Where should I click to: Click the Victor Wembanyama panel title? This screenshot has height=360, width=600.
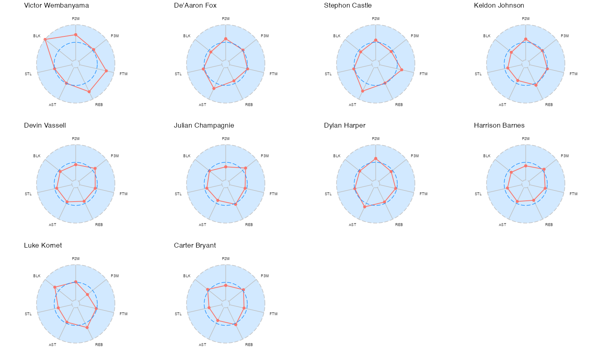(56, 6)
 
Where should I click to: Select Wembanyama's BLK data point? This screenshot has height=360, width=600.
(45, 39)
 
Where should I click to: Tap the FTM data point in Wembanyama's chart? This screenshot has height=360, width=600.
(106, 71)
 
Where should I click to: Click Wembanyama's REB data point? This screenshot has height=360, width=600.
(89, 92)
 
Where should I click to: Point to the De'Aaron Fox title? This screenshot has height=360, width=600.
(195, 6)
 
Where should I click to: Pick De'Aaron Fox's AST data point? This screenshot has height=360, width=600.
(214, 88)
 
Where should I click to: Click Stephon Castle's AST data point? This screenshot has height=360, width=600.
(362, 91)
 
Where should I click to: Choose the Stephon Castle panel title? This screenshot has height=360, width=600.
(348, 6)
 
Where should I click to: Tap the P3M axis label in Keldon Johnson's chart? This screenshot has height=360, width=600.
(564, 36)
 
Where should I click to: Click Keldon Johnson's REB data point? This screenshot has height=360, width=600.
(536, 85)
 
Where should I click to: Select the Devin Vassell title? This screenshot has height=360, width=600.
(45, 126)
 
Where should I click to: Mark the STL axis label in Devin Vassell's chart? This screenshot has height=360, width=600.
(28, 194)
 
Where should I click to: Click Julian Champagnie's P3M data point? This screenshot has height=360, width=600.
(246, 168)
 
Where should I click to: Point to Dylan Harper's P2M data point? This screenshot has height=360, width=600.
(376, 158)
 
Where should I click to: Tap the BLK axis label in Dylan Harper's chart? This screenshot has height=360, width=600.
(337, 156)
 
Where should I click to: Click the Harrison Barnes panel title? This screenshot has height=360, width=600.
(499, 126)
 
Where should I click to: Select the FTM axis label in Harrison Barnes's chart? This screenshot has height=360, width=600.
(573, 194)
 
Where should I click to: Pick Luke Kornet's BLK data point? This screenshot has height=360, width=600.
(55, 287)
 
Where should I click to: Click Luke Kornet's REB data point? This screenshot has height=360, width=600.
(87, 328)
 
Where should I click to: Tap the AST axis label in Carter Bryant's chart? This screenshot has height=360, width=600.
(202, 345)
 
